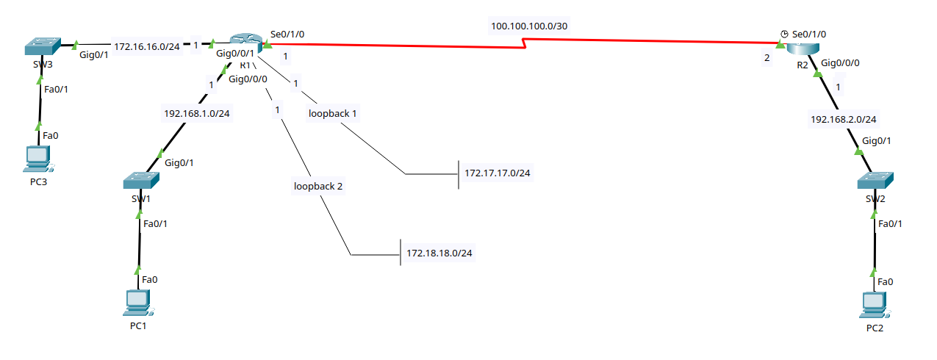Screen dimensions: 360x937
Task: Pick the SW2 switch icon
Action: coord(875,181)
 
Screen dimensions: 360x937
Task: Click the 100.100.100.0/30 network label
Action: coord(529,26)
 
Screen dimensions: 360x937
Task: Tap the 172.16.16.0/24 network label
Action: coord(147,46)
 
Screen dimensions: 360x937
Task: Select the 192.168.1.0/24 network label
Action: coord(197,113)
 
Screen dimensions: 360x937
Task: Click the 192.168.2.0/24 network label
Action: coord(844,118)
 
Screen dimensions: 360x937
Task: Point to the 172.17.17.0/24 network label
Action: coord(498,173)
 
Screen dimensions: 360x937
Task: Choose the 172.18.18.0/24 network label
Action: coord(439,253)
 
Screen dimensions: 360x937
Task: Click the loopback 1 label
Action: coord(333,113)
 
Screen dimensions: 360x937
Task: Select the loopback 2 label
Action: coord(318,186)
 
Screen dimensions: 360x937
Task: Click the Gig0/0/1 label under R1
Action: coord(235,53)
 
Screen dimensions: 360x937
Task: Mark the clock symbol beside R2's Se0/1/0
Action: coord(784,34)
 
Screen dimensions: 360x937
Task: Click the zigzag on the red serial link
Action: coord(525,46)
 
